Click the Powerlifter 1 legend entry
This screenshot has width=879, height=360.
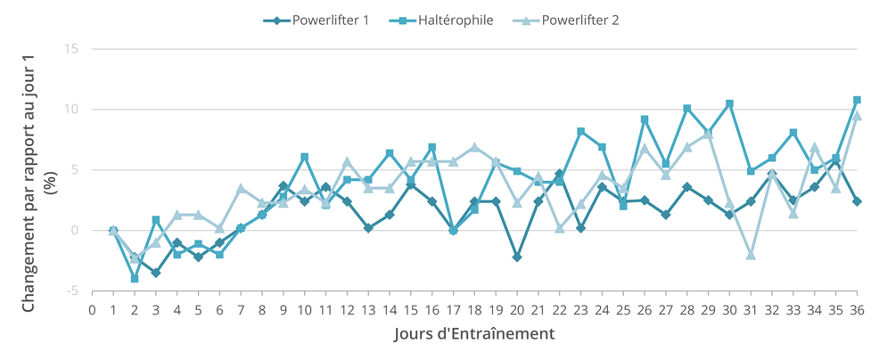316,21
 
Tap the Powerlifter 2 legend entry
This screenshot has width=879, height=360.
565,21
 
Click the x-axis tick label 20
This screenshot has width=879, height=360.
517,310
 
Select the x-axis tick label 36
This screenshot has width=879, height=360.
857,310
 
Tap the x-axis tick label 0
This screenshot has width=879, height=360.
92,310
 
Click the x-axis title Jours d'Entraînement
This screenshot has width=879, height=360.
474,335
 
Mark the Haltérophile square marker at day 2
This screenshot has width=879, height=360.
135,279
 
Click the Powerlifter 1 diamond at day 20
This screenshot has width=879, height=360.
517,258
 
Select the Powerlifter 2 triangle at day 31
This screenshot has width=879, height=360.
751,255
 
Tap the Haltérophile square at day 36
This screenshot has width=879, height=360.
857,100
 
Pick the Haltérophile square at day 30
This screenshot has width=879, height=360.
729,103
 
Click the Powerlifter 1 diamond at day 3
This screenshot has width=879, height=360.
156,273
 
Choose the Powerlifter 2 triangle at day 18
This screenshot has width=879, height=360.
475,147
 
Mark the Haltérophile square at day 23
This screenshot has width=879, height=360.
580,131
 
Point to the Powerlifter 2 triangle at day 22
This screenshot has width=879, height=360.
560,228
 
